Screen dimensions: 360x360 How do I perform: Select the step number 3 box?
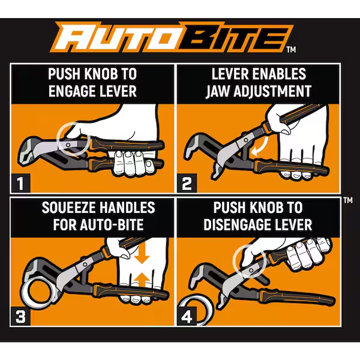coord(21,315)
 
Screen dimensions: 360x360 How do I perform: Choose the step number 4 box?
coord(187,315)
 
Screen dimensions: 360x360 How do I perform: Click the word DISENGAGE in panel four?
coord(239,225)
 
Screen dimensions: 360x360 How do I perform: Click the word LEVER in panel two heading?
coord(232,74)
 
